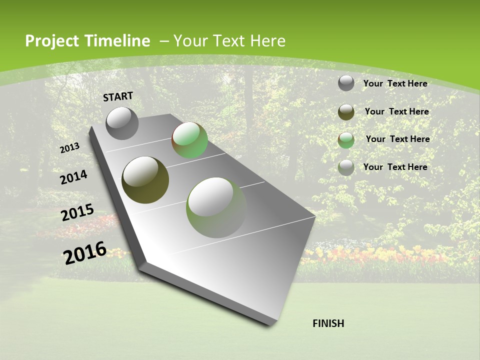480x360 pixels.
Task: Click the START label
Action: coord(118,96)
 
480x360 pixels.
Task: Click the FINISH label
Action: coord(328,323)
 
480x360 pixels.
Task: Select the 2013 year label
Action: coord(69,148)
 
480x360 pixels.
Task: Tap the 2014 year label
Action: coord(73,177)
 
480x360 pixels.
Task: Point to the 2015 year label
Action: coord(77,212)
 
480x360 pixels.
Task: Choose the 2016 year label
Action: coord(85,252)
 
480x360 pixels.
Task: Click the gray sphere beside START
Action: coord(122,123)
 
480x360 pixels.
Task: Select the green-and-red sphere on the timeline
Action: coord(189,140)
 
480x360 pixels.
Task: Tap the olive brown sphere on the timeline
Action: coord(145,179)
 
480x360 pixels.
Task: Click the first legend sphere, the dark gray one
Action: coord(346,83)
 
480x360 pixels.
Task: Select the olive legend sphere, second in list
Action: coord(346,111)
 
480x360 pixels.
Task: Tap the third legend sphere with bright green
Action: coord(346,139)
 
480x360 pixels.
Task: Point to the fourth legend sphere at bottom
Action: coord(346,167)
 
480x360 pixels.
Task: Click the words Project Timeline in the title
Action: coord(87,41)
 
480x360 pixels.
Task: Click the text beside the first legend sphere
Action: coord(395,83)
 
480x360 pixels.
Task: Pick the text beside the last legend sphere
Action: coord(395,167)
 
